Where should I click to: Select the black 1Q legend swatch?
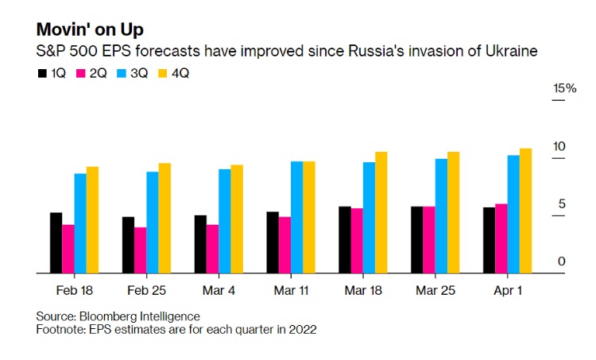43,73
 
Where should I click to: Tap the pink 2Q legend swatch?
81,73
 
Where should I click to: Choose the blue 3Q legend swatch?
121,73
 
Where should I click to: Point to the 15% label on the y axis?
564,88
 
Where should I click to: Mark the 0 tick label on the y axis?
561,261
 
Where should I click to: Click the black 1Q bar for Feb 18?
56,242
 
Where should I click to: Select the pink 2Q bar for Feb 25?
140,250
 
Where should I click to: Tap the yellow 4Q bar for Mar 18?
381,212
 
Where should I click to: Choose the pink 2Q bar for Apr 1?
501,238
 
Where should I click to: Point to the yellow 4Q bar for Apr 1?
525,211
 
